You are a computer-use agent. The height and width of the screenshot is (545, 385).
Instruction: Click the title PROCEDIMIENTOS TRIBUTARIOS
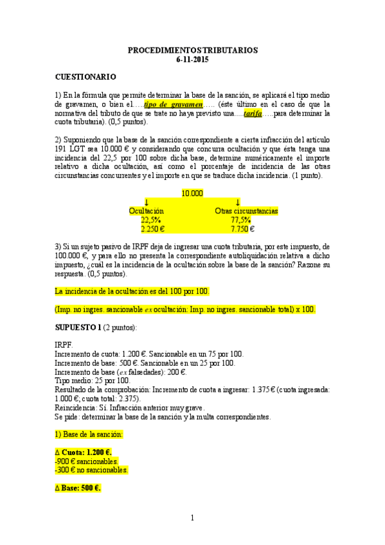coord(192,49)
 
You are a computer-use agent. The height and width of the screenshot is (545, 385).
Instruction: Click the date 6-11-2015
coord(192,59)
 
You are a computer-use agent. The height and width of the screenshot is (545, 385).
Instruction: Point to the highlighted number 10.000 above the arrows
coord(192,192)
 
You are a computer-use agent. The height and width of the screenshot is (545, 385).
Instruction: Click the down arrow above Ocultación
coord(147,202)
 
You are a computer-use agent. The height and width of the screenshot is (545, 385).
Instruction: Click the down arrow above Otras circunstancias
coord(238,202)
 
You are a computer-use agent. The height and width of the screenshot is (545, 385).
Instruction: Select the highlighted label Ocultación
coord(147,210)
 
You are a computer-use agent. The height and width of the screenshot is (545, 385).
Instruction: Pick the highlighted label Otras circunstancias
coord(246,210)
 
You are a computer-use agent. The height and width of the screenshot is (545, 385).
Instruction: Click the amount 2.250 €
coord(153,228)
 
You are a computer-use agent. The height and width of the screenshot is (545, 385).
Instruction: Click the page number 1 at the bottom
coord(192,517)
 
